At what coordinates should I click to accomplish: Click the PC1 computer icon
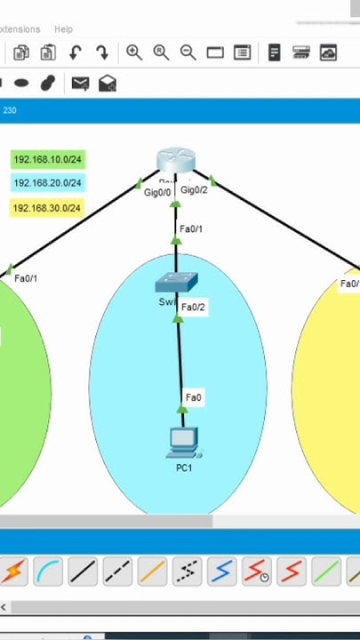182,442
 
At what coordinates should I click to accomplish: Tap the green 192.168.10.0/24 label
48,160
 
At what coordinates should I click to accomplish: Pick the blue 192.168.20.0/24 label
48,183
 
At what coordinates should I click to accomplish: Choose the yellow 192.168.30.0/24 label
48,208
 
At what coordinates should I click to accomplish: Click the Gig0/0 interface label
157,192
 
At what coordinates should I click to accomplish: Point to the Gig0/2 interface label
194,189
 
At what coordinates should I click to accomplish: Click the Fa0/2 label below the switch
193,308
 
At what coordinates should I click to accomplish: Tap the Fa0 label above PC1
193,397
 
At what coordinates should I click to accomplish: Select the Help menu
63,29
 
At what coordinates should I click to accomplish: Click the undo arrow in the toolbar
76,53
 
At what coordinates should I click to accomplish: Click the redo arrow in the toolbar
101,53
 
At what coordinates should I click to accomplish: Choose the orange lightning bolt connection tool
12,572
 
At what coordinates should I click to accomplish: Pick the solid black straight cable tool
83,572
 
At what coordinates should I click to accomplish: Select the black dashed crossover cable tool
117,572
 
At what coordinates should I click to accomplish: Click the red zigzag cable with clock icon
258,572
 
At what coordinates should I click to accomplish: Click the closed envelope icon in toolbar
80,84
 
